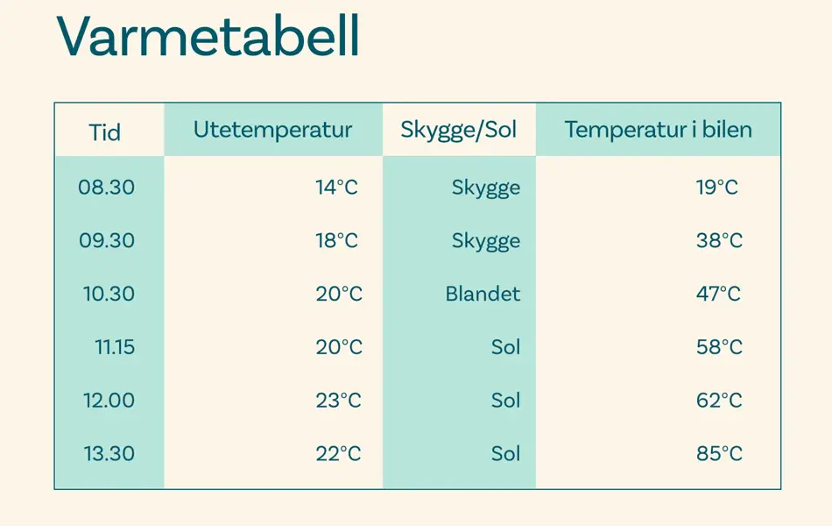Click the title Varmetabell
click(x=208, y=37)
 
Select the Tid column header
click(x=105, y=133)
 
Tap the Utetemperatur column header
click(x=272, y=131)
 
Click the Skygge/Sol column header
click(x=459, y=131)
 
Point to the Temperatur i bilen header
click(x=658, y=131)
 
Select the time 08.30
click(x=107, y=188)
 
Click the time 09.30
click(x=107, y=241)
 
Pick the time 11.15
click(x=115, y=347)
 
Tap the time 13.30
click(x=109, y=454)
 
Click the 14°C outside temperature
click(x=337, y=188)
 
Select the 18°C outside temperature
click(x=337, y=241)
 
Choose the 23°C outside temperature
click(x=338, y=401)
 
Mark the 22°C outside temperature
click(x=338, y=454)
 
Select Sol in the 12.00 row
click(x=505, y=401)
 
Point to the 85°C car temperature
click(x=719, y=454)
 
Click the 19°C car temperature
click(x=717, y=188)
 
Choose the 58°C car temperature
click(x=719, y=347)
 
